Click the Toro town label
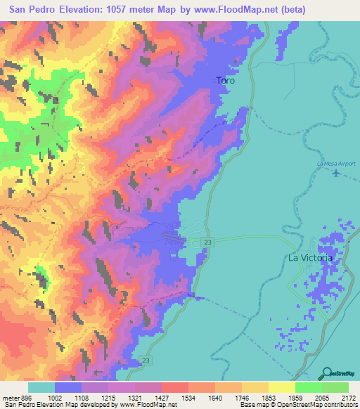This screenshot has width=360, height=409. pyautogui.click(x=225, y=81)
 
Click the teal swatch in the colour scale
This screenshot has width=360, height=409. pyautogui.click(x=41, y=387)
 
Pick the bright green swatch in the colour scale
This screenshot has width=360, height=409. pyautogui.click(x=308, y=387)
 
